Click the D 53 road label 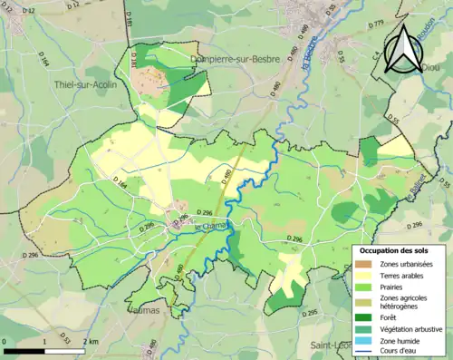pos(66,340)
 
